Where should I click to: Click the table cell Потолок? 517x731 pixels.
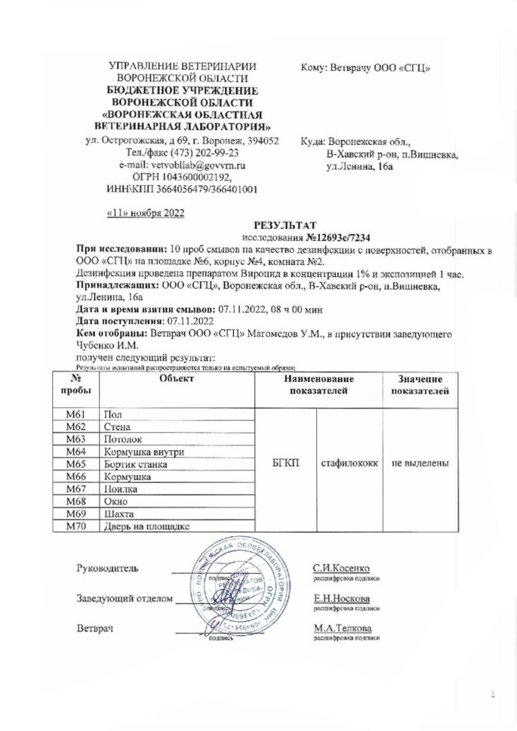[122, 438]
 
